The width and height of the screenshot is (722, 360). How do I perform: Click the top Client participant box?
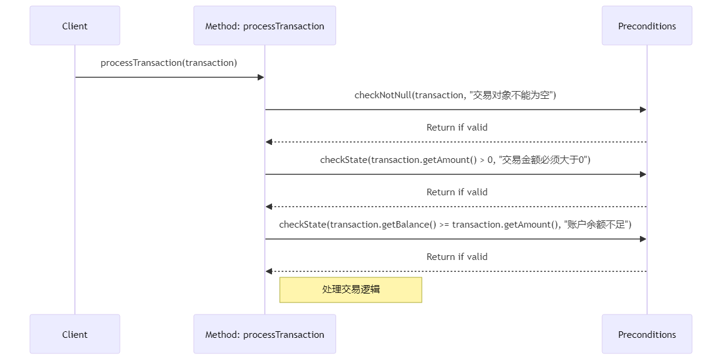75,26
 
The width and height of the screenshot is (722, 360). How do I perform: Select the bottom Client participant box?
75,334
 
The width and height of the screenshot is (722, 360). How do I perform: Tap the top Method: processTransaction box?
264,26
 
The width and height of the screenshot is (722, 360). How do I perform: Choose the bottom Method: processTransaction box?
264,334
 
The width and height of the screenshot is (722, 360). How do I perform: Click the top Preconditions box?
647,26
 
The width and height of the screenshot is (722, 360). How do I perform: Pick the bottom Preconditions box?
647,334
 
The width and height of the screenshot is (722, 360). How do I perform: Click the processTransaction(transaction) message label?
169,63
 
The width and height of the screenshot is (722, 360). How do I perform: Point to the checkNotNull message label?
455,95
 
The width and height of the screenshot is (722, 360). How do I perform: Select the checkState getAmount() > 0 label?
455,160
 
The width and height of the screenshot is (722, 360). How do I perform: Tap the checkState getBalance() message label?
455,225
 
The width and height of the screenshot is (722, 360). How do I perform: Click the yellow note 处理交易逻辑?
351,289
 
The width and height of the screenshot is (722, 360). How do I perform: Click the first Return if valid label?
457,128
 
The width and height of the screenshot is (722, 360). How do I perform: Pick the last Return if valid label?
457,257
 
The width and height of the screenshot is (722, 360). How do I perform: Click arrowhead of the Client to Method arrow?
261,77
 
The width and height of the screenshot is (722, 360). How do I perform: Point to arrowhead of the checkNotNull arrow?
643,110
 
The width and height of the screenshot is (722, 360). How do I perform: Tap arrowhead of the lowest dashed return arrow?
269,271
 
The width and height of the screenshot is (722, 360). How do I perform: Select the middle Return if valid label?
457,192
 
